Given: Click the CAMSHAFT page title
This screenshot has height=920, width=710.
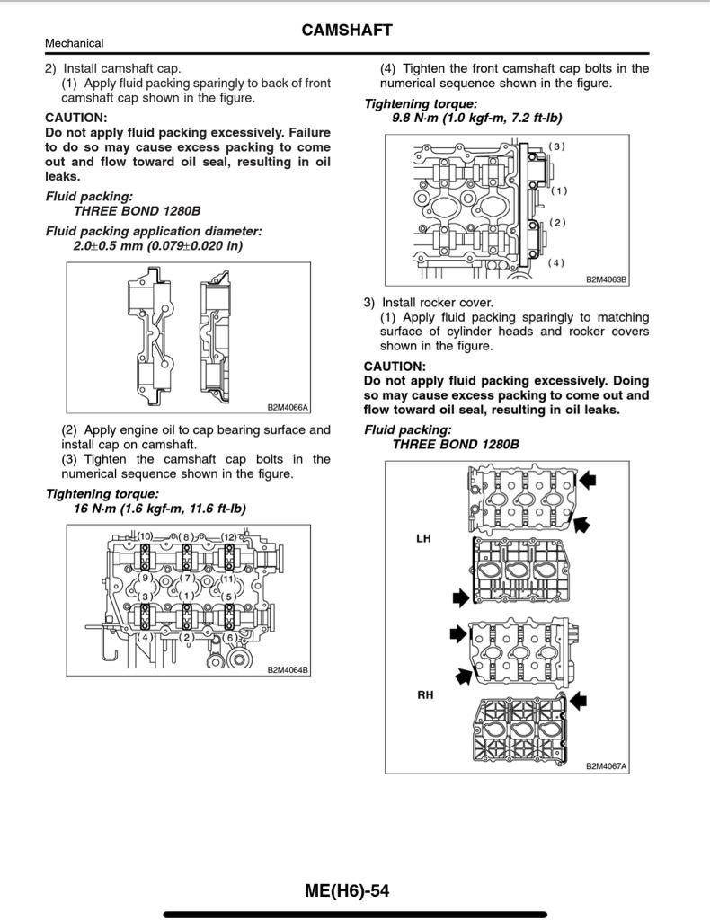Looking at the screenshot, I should point(347,31).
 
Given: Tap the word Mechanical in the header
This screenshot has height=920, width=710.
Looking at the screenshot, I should point(74,43).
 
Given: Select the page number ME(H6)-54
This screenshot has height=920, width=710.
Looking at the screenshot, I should point(347,890).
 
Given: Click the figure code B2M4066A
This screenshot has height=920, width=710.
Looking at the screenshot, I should point(287,407).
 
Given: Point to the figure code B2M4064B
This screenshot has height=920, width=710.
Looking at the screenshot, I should point(287,669).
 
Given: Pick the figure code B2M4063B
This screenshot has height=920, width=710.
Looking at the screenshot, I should point(607,279).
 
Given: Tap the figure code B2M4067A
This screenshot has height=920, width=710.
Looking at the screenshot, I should point(606,766).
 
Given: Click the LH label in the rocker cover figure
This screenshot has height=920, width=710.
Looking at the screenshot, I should point(423,538).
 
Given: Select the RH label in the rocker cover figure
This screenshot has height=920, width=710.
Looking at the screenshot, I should point(423,694).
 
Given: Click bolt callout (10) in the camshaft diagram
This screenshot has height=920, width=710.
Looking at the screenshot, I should point(145,536).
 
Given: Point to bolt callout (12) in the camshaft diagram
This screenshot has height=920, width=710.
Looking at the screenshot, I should point(229,537).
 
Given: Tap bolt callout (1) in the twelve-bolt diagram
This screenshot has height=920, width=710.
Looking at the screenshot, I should point(187,596).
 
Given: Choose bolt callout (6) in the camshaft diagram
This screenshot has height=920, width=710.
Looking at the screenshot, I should point(230,637).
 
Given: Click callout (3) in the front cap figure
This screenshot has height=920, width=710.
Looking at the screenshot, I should point(557,146).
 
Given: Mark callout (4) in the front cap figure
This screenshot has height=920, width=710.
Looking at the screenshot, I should point(557,262).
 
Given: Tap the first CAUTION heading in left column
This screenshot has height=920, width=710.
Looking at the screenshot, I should point(76,118).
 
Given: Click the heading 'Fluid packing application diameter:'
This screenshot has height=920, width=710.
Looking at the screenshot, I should point(154,231).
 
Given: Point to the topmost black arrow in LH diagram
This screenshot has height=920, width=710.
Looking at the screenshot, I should point(587,481).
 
